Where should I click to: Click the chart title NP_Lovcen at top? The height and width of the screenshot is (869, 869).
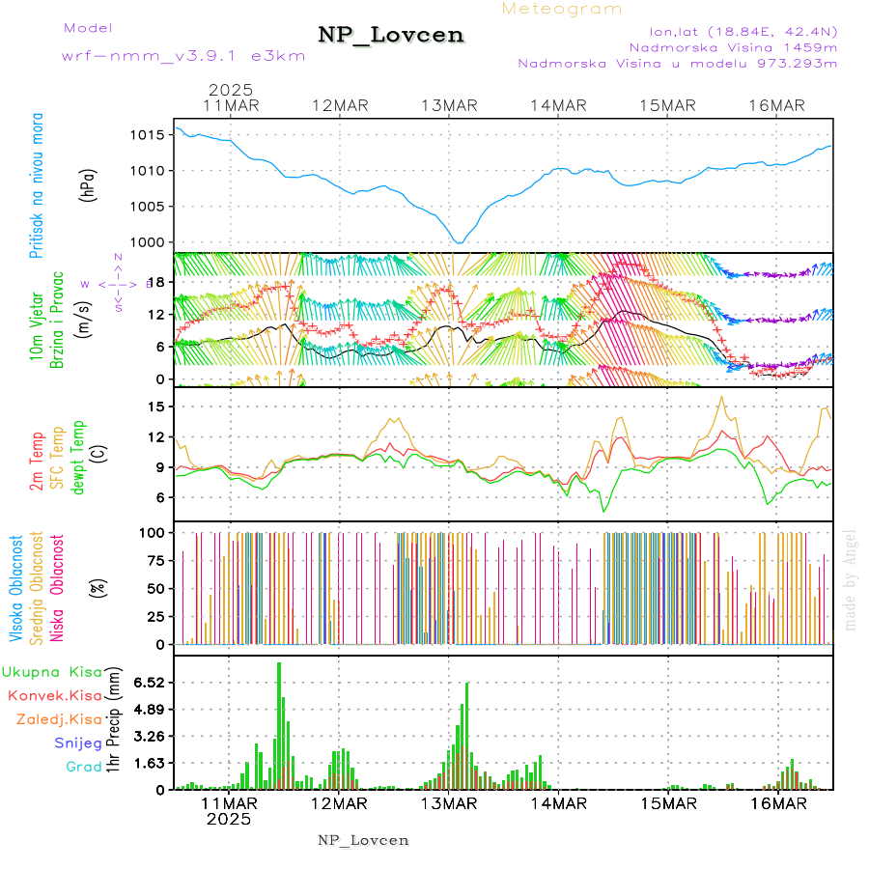point(391,35)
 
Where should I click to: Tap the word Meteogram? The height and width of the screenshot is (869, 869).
point(562,9)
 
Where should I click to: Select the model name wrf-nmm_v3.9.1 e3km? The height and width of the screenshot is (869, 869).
point(183,55)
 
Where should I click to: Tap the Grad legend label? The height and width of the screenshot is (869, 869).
point(83,768)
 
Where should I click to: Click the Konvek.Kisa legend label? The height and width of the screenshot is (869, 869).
point(54,695)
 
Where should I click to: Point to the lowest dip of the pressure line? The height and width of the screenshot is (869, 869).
point(460,242)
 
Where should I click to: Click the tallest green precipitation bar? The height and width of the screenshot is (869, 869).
point(279,725)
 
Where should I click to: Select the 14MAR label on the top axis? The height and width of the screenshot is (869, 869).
point(558,105)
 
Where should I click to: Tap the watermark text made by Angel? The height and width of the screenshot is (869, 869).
point(851,578)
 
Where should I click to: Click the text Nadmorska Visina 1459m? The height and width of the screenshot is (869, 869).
point(733,46)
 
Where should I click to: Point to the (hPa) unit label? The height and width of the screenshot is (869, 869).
point(89,184)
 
